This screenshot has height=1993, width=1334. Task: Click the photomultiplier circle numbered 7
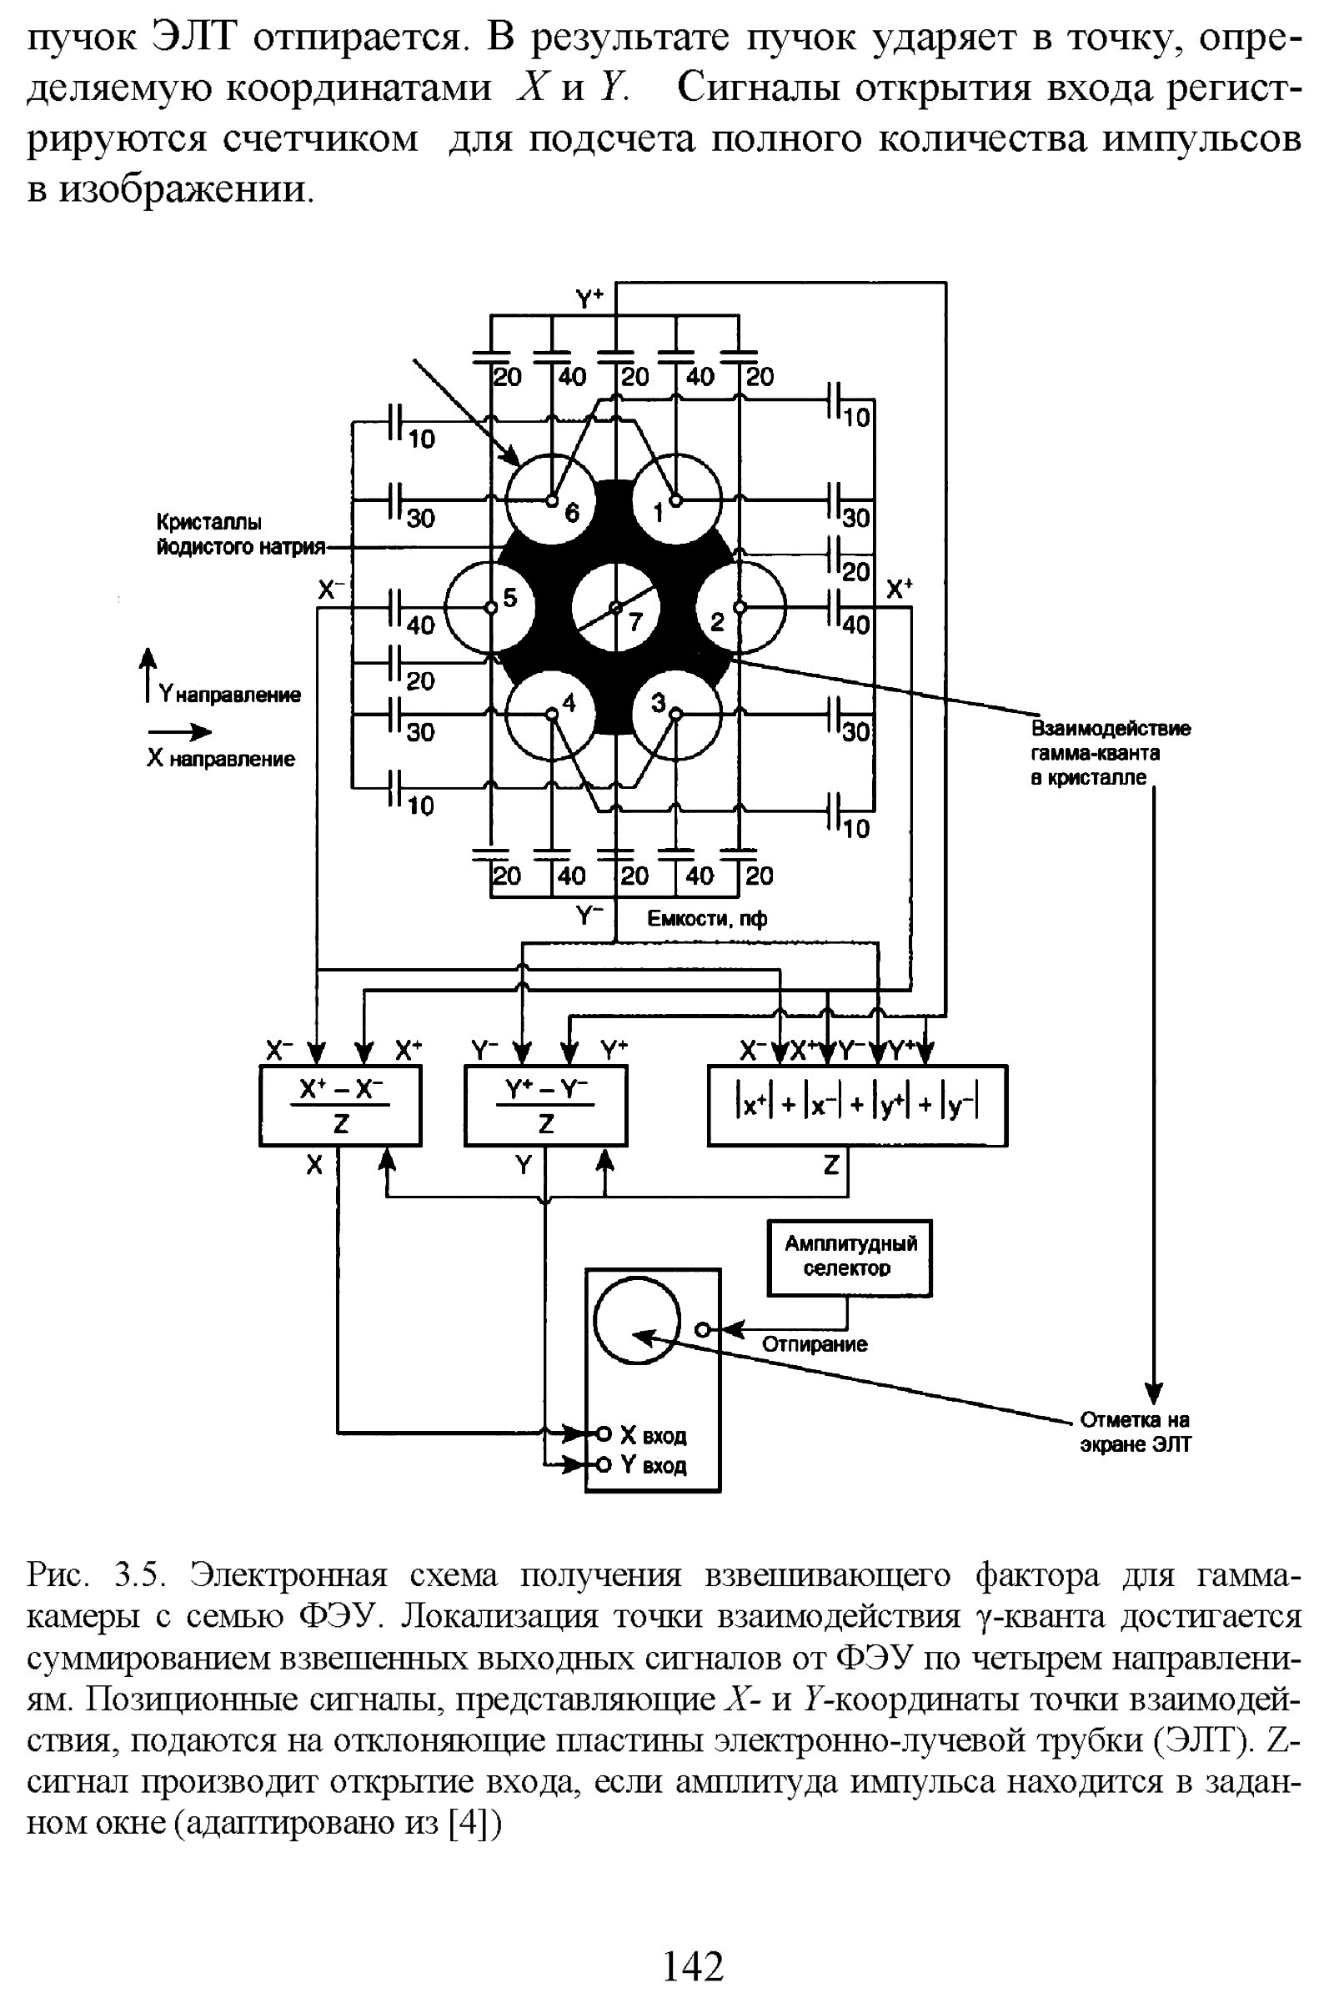coord(615,608)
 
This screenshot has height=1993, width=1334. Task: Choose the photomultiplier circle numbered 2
coord(740,607)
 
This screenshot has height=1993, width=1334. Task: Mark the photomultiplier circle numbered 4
coord(551,715)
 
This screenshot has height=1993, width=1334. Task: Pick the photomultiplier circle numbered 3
coord(677,715)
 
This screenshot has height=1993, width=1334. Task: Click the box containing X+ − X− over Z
coord(340,1106)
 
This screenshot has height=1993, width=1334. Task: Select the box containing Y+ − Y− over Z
coord(545,1106)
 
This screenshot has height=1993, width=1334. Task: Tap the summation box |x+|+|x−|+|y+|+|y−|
coord(857,1106)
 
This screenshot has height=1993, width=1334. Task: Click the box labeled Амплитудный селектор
coord(849,1258)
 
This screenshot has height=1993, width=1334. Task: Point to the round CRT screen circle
coord(637,1323)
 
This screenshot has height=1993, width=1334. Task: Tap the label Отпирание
coord(815,1343)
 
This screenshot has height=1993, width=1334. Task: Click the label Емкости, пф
coord(706,918)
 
